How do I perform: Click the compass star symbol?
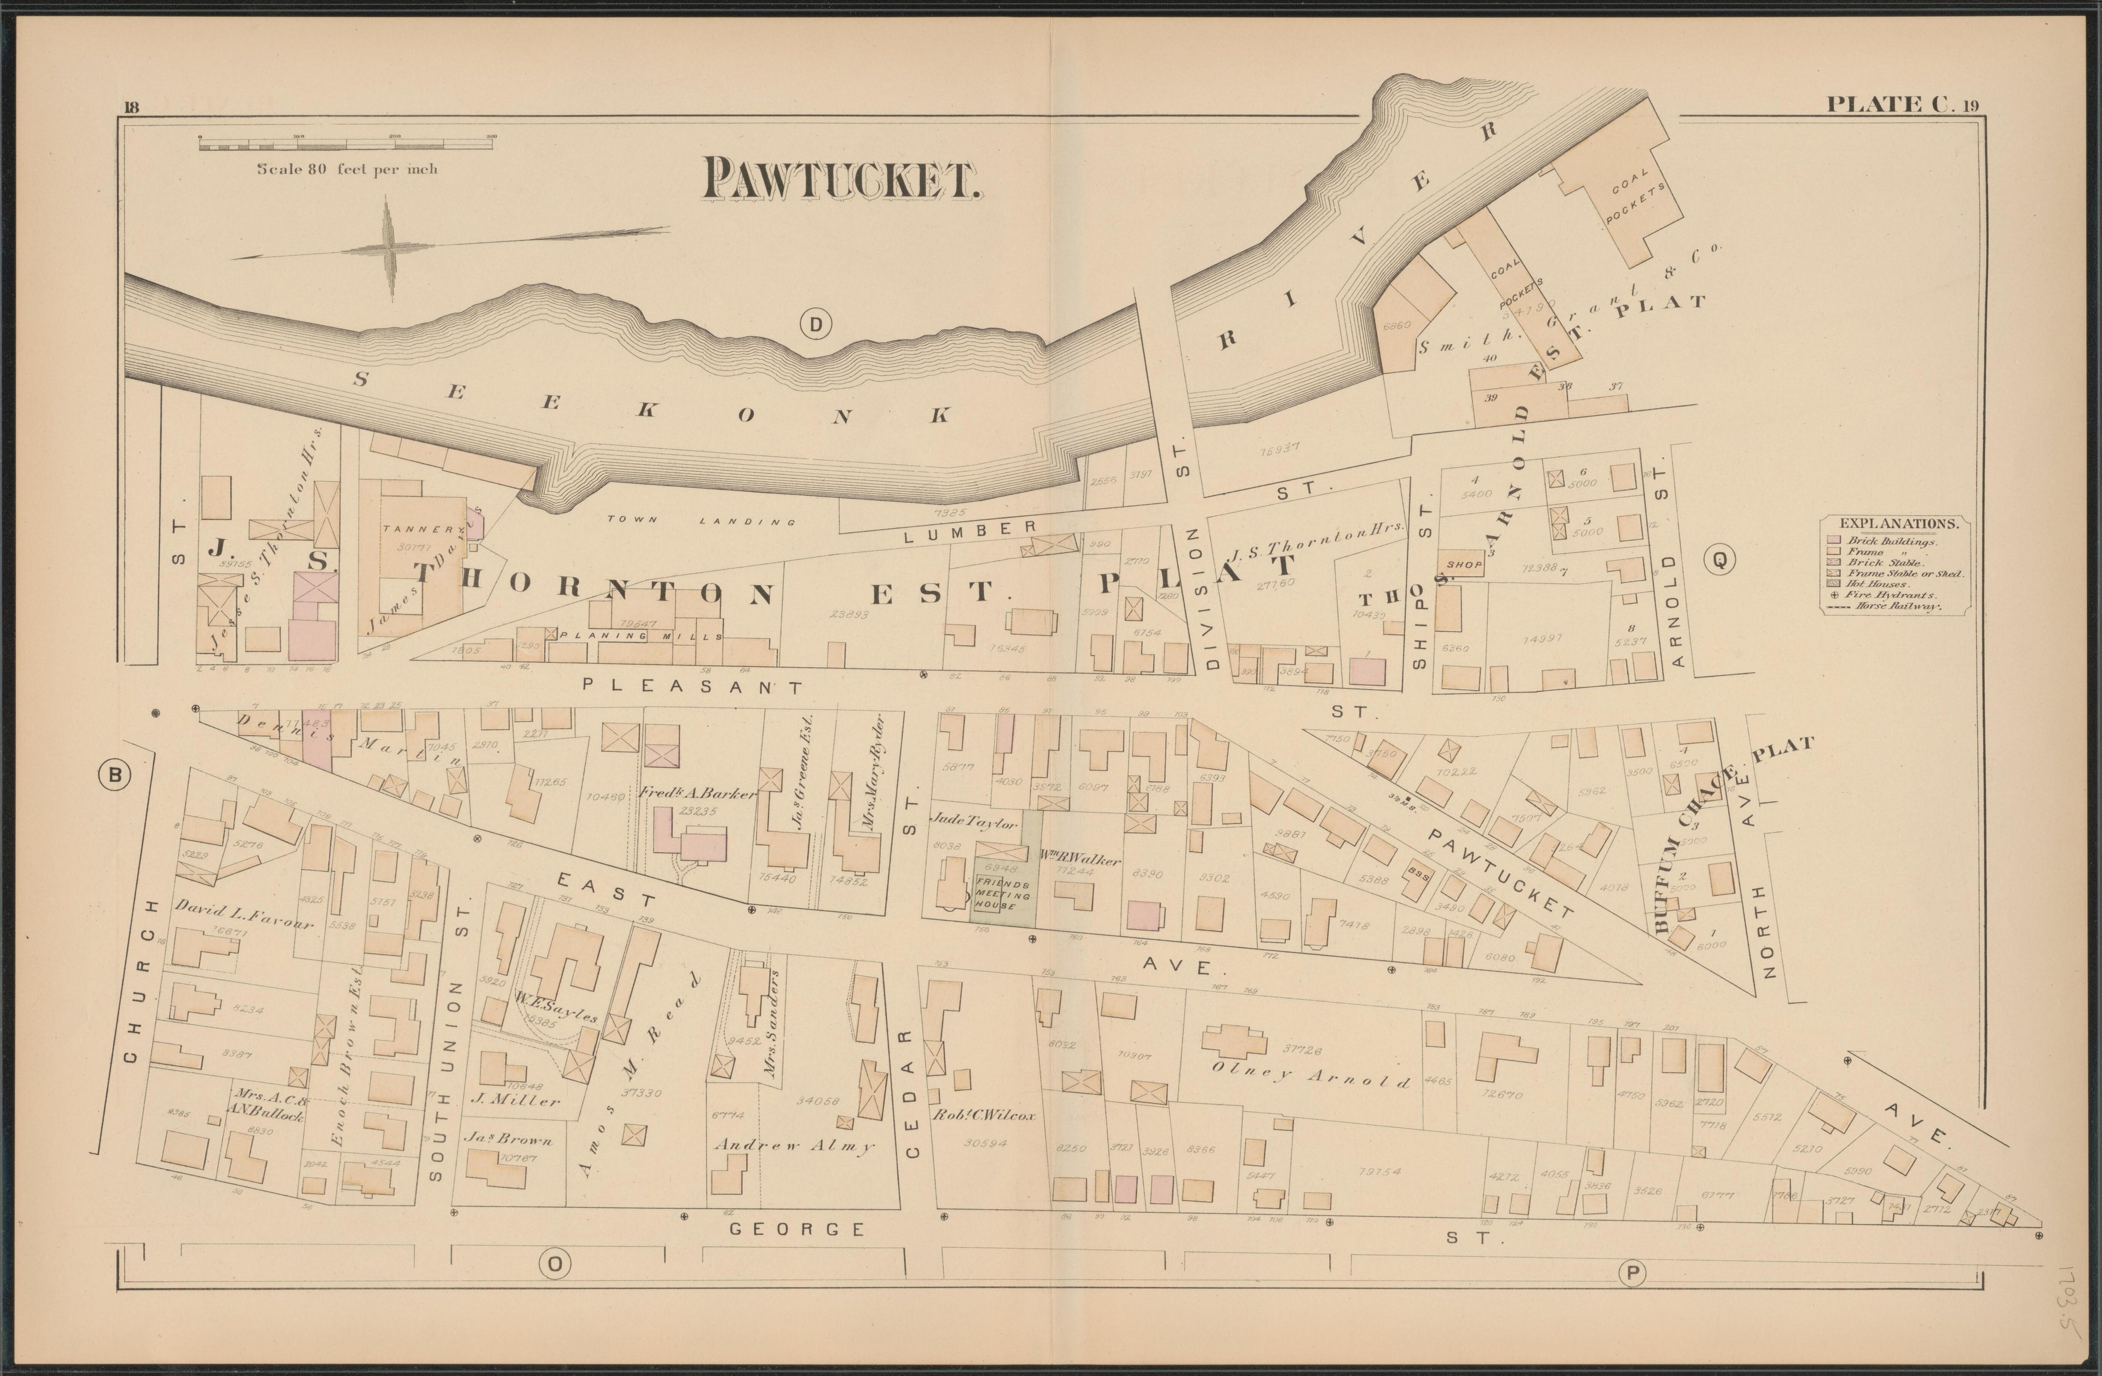tap(390, 248)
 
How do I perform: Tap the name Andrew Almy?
tap(793, 1146)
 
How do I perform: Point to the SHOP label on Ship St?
tap(1462, 563)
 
